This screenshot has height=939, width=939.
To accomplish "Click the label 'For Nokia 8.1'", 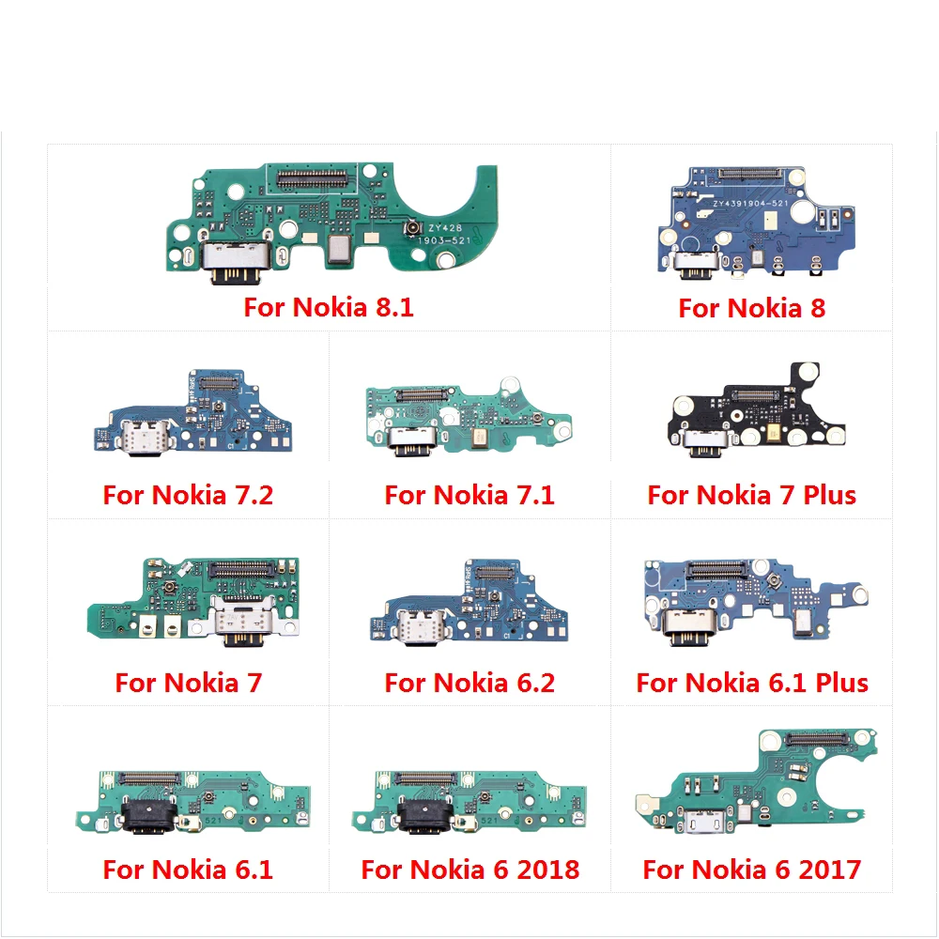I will pyautogui.click(x=329, y=307).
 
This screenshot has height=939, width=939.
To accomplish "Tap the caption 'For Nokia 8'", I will pyautogui.click(x=751, y=307).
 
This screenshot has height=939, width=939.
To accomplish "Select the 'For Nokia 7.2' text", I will pyautogui.click(x=188, y=495).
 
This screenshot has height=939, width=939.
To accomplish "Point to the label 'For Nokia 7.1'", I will pyautogui.click(x=469, y=495).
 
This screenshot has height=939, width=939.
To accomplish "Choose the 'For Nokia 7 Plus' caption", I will pyautogui.click(x=751, y=495).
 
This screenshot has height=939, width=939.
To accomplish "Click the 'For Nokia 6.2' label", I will pyautogui.click(x=469, y=683).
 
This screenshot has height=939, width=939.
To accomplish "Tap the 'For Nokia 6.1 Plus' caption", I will pyautogui.click(x=751, y=683).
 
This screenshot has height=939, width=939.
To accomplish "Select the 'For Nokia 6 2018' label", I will pyautogui.click(x=469, y=870).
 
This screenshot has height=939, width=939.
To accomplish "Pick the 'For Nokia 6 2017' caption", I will pyautogui.click(x=751, y=870).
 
